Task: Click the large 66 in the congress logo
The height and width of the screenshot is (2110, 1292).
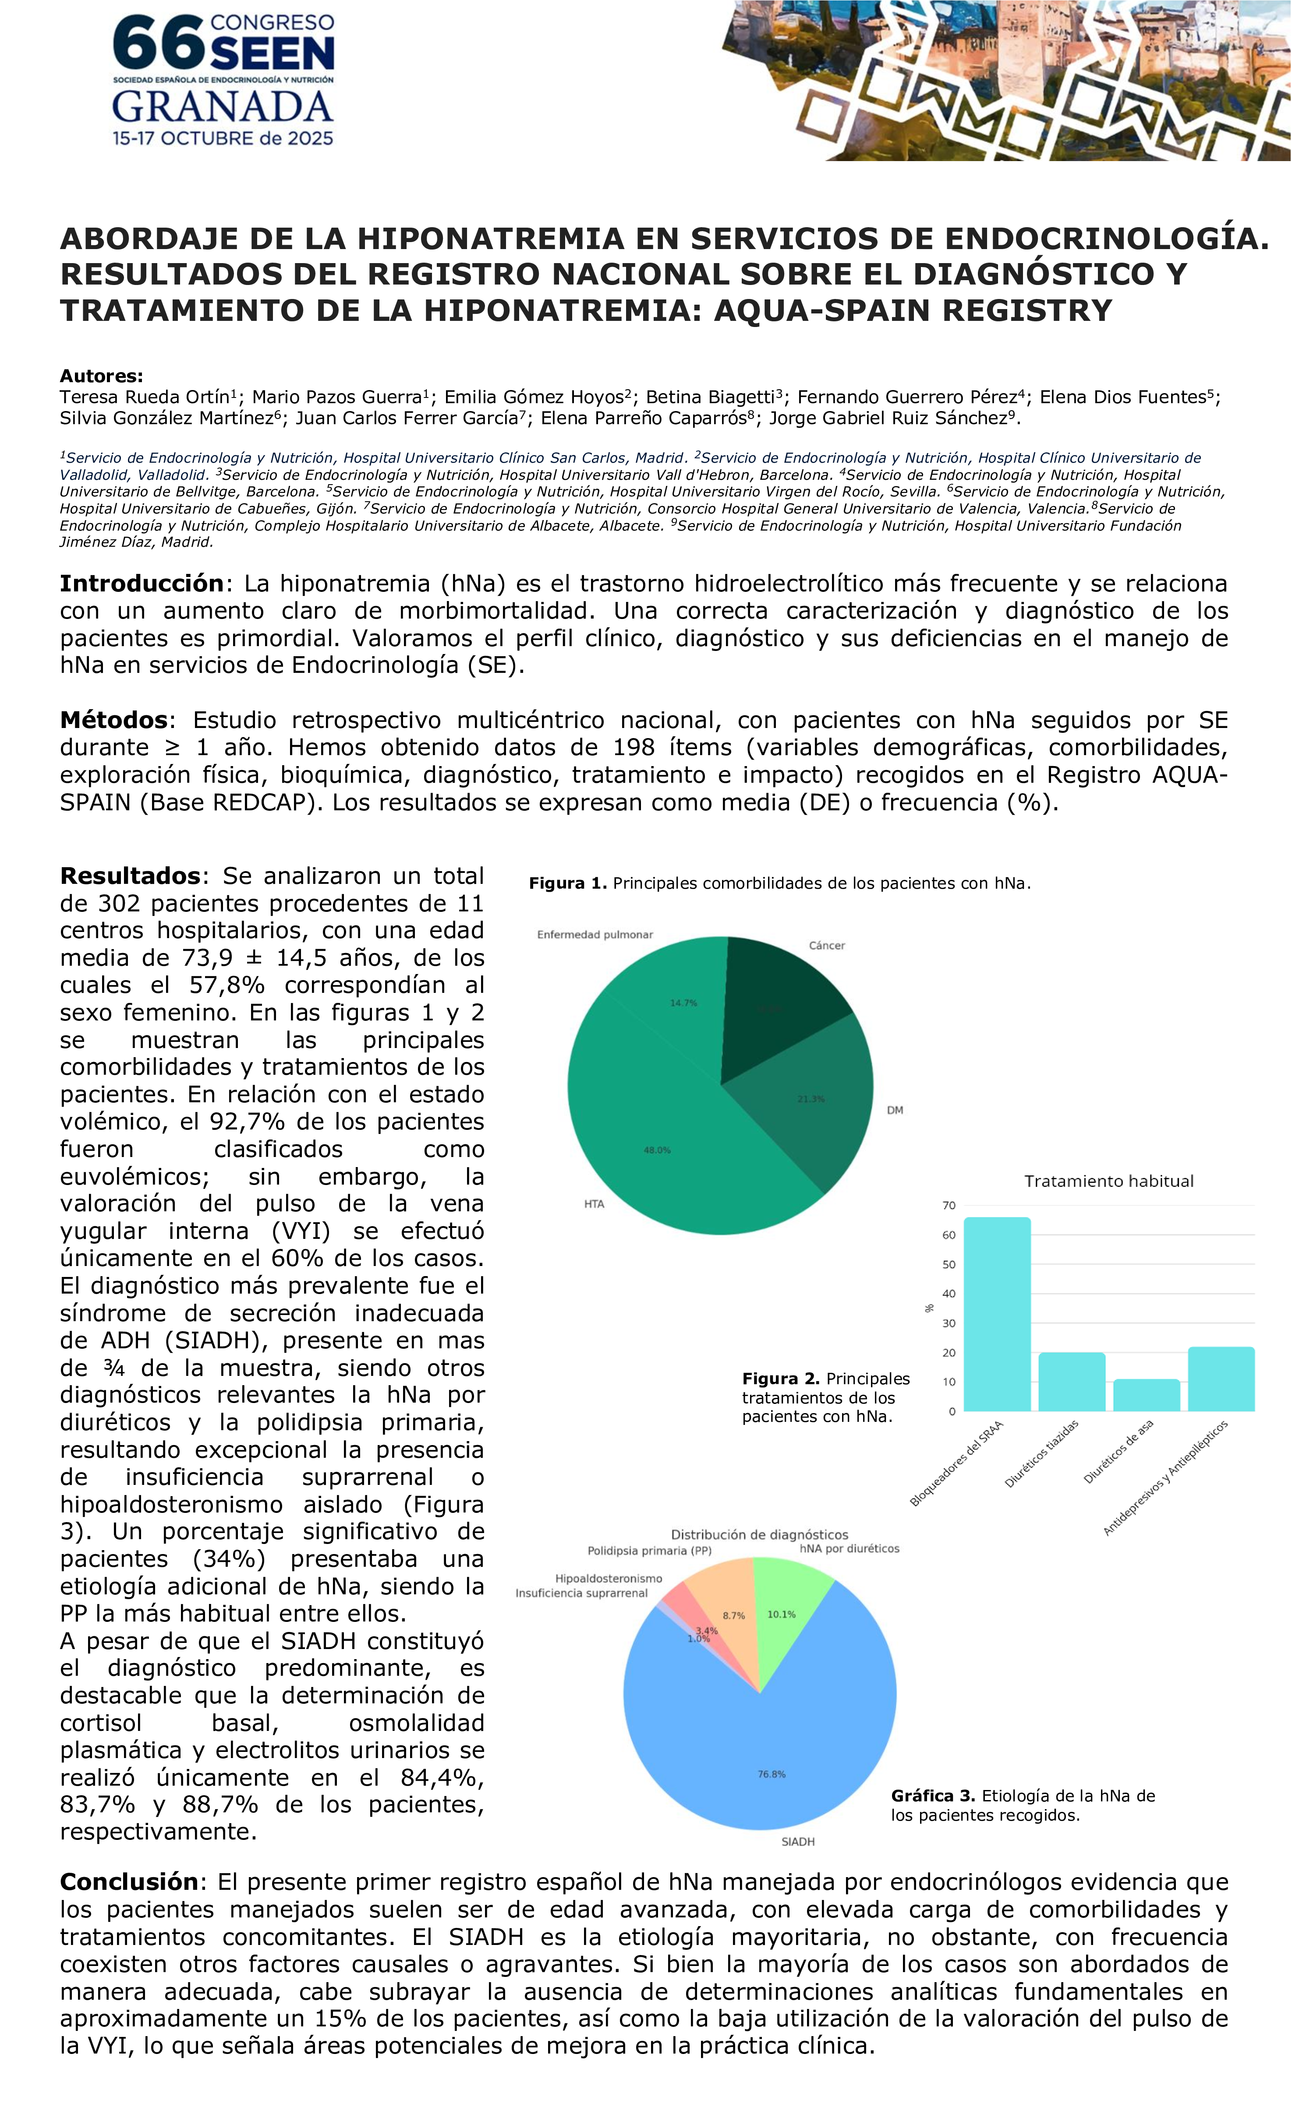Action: [x=159, y=45]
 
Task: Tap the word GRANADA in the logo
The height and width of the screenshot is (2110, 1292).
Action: [x=223, y=108]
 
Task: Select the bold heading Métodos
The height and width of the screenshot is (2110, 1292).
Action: [x=113, y=720]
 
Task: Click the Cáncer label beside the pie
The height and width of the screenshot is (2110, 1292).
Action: [x=827, y=946]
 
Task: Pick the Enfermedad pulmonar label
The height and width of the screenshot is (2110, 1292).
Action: [x=595, y=934]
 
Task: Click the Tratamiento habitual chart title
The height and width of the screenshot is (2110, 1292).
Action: [x=1109, y=1181]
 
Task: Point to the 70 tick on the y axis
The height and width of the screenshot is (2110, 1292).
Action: [x=949, y=1206]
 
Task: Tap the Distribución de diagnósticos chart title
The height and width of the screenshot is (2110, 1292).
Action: [x=759, y=1534]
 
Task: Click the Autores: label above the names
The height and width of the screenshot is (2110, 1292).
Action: [x=101, y=376]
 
